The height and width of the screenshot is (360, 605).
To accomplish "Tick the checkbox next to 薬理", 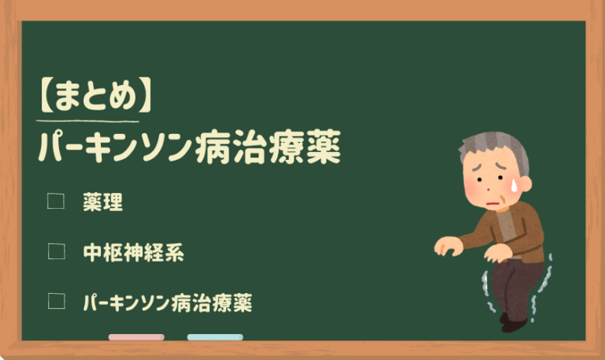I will pos(55,202).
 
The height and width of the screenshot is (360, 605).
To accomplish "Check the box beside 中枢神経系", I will pos(55,251).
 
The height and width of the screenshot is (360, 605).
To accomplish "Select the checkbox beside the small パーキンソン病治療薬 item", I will pos(55,301).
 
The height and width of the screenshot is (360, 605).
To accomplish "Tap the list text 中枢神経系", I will pos(133,252).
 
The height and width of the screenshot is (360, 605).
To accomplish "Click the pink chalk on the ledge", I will pos(136,337).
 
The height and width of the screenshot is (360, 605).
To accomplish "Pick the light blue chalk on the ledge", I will pos(215,337).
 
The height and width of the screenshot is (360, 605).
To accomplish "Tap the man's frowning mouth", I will pos(492,204).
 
